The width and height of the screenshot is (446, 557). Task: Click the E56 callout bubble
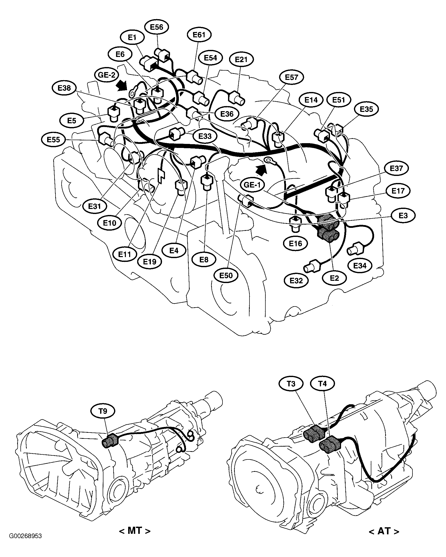point(156,27)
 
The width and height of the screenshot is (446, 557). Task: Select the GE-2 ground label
point(106,75)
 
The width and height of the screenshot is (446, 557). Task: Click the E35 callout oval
point(366,109)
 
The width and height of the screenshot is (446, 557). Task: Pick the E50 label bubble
point(226,275)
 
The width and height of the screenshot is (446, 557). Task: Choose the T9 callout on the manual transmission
point(103,411)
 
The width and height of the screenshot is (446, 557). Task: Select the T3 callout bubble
point(291,384)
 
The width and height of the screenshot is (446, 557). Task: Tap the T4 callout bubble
point(322,384)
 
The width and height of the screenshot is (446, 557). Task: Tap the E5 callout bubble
point(72,121)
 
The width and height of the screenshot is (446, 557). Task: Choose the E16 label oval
point(295,243)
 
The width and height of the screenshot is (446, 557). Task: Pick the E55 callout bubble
point(53,140)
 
